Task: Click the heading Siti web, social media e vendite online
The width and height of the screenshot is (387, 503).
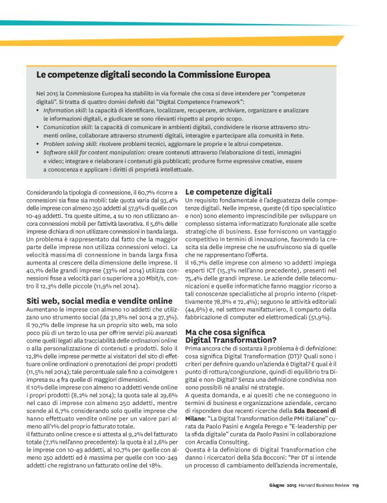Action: tap(99, 301)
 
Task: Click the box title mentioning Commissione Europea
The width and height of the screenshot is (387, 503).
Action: tap(153, 75)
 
